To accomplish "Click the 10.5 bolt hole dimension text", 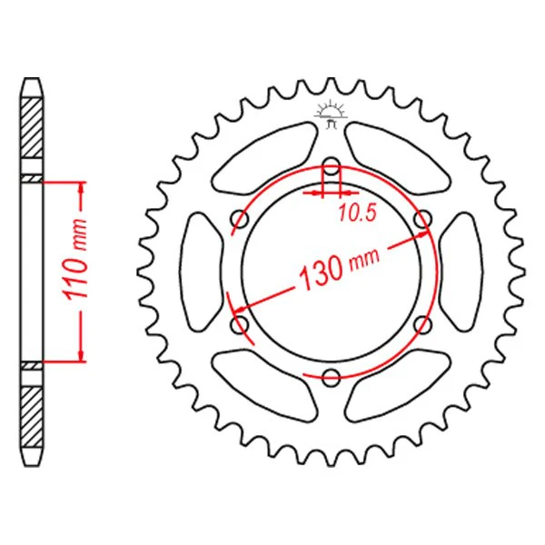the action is (x=358, y=213).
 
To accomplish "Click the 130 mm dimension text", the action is (x=339, y=267).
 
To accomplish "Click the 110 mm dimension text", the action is (x=75, y=259).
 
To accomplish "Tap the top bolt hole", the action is (x=332, y=166).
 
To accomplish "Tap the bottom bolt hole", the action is (x=332, y=377).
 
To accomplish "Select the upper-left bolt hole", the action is (x=240, y=219).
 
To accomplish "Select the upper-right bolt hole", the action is (x=423, y=219).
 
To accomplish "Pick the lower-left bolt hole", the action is (x=240, y=324).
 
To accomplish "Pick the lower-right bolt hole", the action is (x=423, y=324).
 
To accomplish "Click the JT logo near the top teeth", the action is (x=331, y=114).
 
